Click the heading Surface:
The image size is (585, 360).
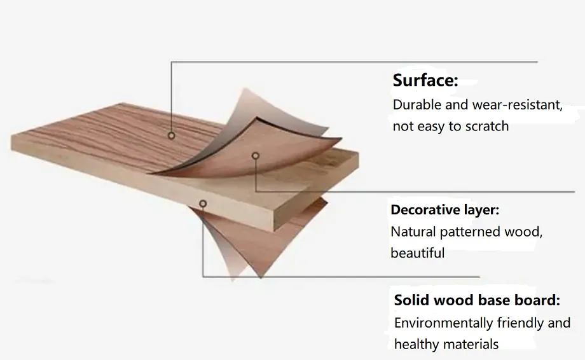click(425, 81)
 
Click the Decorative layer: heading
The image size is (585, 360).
click(444, 210)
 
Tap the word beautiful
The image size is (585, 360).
click(417, 253)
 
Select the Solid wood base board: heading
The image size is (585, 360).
click(477, 300)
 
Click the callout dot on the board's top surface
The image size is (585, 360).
click(171, 135)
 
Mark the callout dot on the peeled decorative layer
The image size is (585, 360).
click(255, 155)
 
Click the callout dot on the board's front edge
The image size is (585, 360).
click(203, 204)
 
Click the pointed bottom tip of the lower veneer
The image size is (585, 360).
click(261, 277)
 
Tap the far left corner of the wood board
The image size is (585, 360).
click(13, 140)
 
